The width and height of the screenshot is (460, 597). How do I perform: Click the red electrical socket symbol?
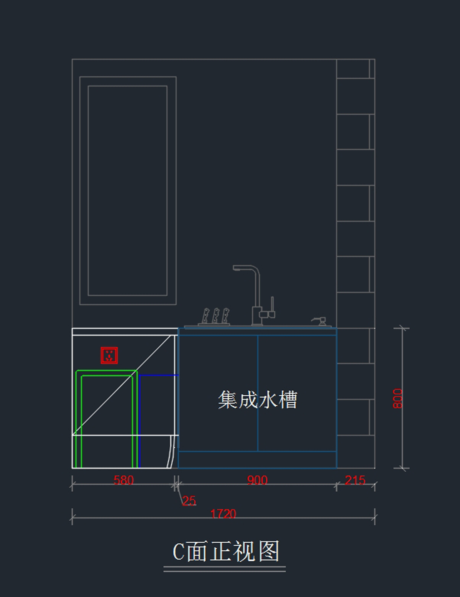(x=109, y=355)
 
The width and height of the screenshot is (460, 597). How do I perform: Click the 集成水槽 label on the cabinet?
(x=258, y=400)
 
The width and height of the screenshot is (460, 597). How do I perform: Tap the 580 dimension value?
(x=123, y=480)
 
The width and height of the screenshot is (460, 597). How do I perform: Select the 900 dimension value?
(x=257, y=480)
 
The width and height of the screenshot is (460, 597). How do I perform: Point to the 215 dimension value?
(x=355, y=480)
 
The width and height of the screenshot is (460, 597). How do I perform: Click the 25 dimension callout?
(x=189, y=501)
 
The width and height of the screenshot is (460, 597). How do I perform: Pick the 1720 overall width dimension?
(x=223, y=514)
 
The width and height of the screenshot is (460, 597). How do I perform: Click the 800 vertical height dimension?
(x=398, y=399)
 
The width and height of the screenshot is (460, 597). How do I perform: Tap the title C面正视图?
(x=226, y=552)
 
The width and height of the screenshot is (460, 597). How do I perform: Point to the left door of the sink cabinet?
(x=218, y=393)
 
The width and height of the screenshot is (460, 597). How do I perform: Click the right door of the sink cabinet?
(x=297, y=393)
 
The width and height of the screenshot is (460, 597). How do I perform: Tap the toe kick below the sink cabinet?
(x=257, y=460)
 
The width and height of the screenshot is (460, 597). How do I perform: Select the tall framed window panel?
(x=128, y=191)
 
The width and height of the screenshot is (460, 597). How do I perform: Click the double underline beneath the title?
(x=225, y=569)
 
